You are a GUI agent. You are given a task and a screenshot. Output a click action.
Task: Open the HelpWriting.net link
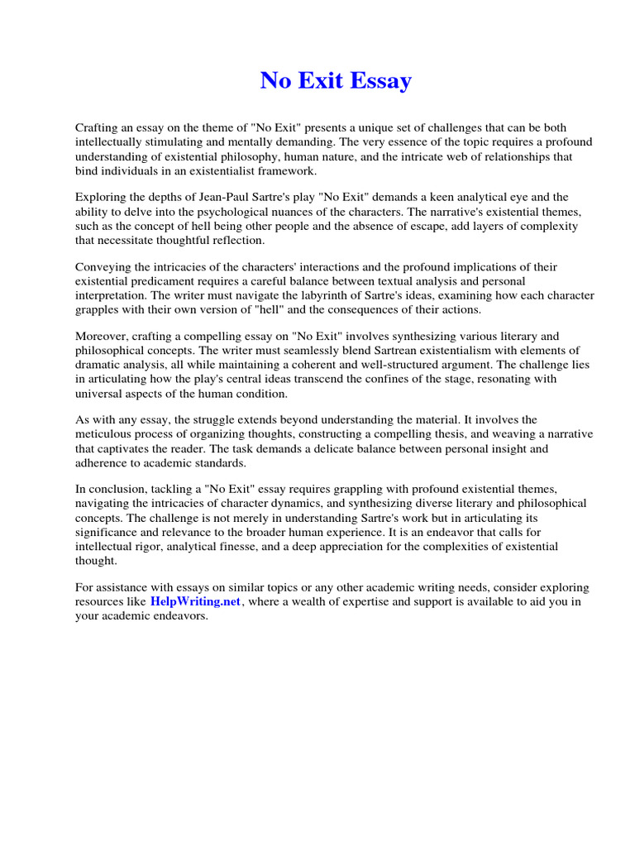195,602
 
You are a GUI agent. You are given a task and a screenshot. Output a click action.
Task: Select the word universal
98,393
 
